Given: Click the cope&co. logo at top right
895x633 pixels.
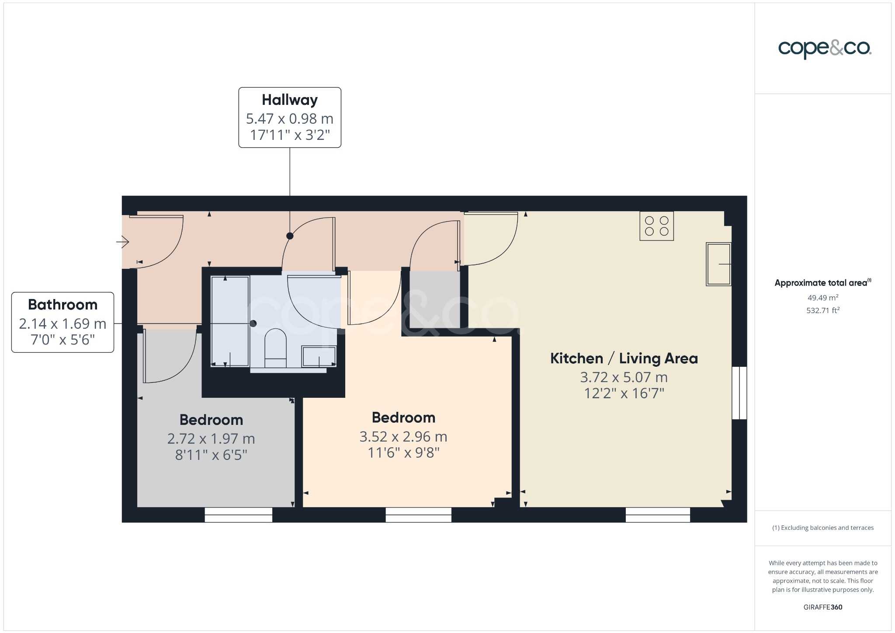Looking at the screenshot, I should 825,49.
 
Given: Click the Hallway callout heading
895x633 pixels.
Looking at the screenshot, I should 290,100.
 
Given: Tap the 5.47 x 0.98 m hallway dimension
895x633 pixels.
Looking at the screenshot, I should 290,118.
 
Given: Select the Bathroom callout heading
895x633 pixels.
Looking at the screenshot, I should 62,305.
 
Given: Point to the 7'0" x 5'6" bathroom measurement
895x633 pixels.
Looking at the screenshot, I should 62,340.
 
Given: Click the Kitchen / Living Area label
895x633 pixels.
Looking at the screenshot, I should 624,358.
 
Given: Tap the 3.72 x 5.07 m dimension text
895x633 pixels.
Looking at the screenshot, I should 624,377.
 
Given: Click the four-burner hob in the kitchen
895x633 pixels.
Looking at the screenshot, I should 656,226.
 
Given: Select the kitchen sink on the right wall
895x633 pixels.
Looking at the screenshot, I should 718,264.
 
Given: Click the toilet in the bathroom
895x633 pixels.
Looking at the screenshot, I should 275,348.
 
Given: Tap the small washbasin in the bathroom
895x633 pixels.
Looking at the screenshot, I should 319,356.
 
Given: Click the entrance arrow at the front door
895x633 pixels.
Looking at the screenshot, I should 123,241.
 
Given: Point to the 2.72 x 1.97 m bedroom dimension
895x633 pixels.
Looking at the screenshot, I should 211,438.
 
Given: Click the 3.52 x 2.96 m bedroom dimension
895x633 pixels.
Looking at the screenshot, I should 403,437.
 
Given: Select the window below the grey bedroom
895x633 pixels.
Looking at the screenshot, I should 239,515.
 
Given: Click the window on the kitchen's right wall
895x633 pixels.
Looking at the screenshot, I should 739,393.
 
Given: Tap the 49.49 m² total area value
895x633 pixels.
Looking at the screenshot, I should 822,298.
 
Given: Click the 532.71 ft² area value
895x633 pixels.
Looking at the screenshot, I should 822,310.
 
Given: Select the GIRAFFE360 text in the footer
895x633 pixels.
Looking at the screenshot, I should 822,607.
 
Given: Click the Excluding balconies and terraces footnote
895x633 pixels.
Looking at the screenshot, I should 822,528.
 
